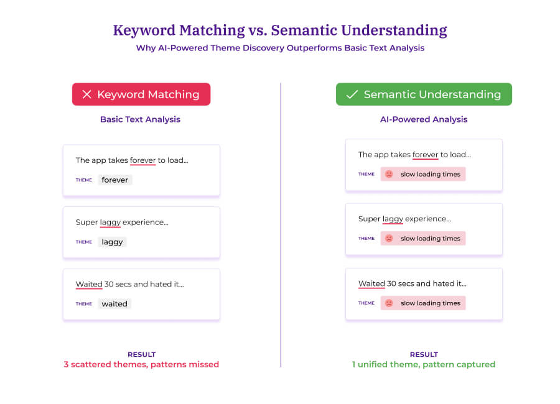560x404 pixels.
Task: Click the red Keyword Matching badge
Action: [141, 94]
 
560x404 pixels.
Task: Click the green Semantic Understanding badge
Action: [424, 94]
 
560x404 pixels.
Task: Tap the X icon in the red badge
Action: [87, 94]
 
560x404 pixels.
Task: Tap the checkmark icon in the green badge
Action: [352, 94]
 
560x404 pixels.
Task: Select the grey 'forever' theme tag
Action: [115, 180]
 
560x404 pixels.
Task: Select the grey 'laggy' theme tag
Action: [113, 242]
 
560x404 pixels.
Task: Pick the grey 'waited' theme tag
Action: [114, 304]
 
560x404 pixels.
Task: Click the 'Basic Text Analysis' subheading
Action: [140, 119]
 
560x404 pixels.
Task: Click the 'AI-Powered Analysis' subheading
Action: [424, 119]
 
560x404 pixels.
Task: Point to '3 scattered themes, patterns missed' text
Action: [141, 364]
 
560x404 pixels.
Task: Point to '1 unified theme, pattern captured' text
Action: [424, 364]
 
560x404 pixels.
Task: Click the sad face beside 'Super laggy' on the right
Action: [389, 239]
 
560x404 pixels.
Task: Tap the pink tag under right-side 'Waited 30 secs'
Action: [423, 303]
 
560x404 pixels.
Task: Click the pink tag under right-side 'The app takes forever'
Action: [423, 175]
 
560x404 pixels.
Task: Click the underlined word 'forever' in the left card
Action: [142, 160]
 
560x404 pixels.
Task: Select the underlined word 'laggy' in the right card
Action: [393, 219]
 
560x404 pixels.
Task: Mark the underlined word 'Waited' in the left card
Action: [89, 285]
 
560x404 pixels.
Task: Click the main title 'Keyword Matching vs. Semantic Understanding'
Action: [280, 30]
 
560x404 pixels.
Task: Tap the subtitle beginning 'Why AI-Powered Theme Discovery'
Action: [280, 48]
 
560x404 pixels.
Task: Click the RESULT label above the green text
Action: [424, 354]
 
